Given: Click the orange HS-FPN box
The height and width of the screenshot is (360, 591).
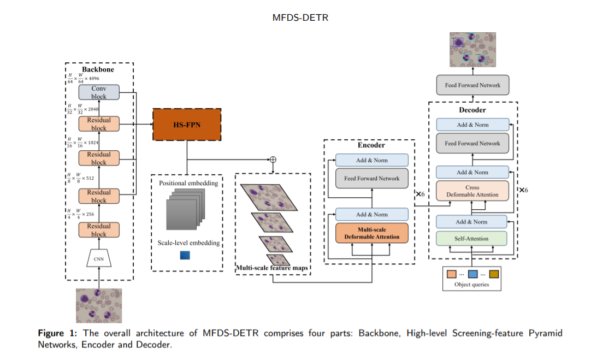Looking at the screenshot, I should pos(186,125).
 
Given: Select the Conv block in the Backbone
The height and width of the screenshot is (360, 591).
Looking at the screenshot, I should pos(99,92).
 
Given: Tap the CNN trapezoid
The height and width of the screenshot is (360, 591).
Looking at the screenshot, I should pos(99,258).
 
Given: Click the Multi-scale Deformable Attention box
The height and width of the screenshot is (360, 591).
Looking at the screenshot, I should pos(371,233).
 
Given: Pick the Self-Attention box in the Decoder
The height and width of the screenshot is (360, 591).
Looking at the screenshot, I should pos(471,239).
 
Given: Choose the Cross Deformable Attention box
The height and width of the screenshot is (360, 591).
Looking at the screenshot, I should pos(471,191).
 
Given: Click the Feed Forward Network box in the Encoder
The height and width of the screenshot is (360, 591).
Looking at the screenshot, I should pos(371,179).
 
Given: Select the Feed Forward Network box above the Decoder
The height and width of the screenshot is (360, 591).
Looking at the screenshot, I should pos(472,85).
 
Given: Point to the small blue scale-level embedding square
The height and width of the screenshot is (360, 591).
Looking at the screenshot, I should pos(185,255).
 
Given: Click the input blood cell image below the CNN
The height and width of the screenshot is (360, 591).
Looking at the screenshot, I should pos(99,305).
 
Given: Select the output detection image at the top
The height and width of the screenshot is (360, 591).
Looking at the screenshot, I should pos(472,50).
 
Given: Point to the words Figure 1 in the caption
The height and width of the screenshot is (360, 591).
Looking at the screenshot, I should pos(55,333).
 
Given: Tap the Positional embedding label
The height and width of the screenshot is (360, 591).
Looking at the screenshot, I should pos(188,183).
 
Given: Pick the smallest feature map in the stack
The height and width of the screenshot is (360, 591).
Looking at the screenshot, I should pos(277,259).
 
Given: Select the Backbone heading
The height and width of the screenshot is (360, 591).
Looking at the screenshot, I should pos(98,69).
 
